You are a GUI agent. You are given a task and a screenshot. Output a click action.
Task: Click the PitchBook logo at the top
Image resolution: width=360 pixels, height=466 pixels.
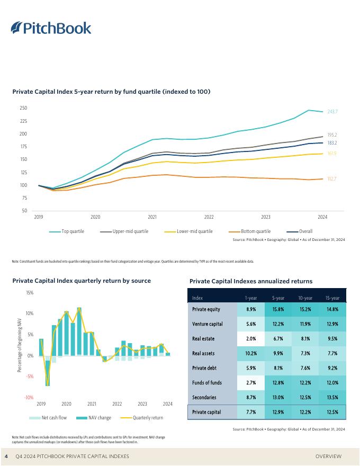pyautogui.click(x=51, y=28)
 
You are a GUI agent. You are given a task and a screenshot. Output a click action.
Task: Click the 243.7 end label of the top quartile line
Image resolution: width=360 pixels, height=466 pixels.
pyautogui.click(x=332, y=112)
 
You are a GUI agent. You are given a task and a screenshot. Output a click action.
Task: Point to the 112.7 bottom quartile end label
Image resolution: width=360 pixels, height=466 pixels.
pyautogui.click(x=332, y=179)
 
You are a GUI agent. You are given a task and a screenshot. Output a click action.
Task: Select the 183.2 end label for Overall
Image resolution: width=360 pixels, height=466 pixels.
pyautogui.click(x=332, y=143)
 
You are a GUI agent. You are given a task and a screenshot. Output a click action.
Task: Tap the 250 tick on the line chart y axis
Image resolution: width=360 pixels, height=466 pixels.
pyautogui.click(x=23, y=108)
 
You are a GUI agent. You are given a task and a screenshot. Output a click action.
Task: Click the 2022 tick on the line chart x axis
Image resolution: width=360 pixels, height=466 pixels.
pyautogui.click(x=209, y=217)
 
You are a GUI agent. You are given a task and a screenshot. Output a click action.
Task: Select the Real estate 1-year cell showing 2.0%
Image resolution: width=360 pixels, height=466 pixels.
pyautogui.click(x=251, y=338)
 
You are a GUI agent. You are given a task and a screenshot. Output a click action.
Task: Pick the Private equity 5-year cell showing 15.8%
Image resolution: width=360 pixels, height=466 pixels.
pyautogui.click(x=278, y=309)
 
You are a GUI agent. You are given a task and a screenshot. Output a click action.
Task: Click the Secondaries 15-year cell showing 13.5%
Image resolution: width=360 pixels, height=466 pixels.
pyautogui.click(x=332, y=397)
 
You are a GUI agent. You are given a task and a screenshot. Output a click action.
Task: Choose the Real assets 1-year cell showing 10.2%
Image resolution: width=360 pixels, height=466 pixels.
pyautogui.click(x=251, y=353)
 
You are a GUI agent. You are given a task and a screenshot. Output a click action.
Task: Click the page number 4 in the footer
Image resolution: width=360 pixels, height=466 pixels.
pyautogui.click(x=6, y=456)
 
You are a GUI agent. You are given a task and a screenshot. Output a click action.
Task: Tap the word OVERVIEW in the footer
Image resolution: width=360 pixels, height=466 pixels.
pyautogui.click(x=328, y=456)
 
